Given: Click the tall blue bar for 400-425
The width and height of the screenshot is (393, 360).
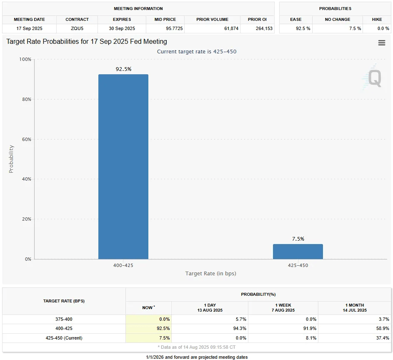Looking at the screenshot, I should [x=123, y=167].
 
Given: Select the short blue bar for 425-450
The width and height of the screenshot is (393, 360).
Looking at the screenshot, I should [x=298, y=252].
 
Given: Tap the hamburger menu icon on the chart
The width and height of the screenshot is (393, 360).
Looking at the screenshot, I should [x=381, y=43].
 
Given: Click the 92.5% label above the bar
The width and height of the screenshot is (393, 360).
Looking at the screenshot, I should [x=123, y=69].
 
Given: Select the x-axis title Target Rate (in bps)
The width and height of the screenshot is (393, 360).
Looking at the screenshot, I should [x=211, y=274].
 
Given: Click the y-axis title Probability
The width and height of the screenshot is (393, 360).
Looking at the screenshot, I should [x=11, y=159].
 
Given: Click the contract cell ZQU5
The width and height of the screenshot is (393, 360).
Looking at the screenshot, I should [x=77, y=28].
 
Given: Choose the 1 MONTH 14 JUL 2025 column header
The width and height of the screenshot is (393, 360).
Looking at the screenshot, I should [x=354, y=308].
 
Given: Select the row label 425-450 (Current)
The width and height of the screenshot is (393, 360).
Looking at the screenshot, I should [x=64, y=338].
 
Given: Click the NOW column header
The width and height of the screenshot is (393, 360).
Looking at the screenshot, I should [x=148, y=308].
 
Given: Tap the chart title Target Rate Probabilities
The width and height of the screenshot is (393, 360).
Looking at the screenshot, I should [x=87, y=42].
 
